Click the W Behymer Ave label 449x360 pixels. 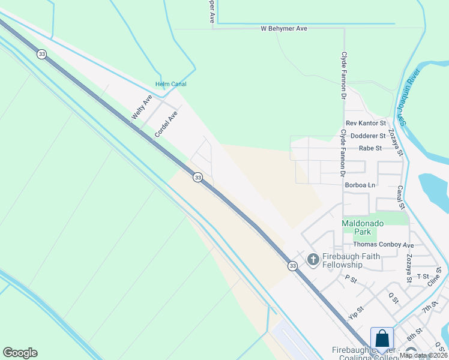point(285,29)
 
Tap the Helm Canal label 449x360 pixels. point(170,84)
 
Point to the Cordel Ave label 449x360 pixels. point(166,124)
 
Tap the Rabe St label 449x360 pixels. point(370,148)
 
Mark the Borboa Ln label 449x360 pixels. point(360,185)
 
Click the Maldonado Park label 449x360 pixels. point(364,227)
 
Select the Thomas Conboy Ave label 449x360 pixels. point(383,245)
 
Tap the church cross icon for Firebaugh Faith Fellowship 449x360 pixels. point(313,259)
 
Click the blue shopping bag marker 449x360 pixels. point(382,339)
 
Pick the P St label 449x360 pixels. point(351,278)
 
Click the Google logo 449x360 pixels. point(20,353)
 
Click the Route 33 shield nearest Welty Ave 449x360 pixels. point(41,54)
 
